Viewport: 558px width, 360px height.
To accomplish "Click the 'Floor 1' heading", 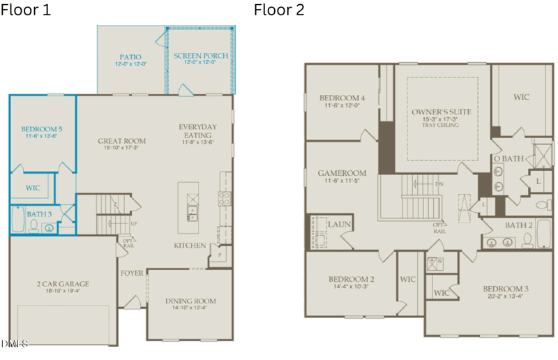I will tap(26, 10).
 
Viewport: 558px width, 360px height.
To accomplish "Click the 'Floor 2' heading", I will tap(279, 10).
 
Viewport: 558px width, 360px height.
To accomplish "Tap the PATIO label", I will tap(130, 56).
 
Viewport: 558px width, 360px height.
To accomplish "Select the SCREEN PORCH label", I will tap(201, 56).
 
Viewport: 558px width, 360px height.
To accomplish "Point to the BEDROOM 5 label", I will tap(42, 129).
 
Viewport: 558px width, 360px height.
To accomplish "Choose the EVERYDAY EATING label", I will tap(197, 130).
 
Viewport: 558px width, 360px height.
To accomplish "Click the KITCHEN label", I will tap(190, 246).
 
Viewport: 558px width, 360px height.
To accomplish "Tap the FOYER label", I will tap(131, 273).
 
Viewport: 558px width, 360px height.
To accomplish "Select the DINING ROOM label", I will tap(190, 301).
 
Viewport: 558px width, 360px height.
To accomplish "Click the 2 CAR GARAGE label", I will tap(63, 284).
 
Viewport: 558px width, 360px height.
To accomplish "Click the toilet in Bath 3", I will tap(32, 225).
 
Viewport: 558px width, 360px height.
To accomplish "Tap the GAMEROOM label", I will tap(342, 172).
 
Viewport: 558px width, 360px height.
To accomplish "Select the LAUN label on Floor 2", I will tap(340, 225).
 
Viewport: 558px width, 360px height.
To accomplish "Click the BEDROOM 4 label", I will tap(342, 98).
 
